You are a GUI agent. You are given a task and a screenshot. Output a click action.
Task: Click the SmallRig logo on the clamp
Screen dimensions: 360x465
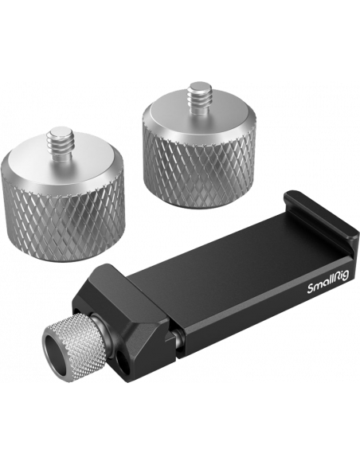coord(329,281)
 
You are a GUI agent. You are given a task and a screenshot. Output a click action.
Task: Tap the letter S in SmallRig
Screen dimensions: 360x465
coord(310,289)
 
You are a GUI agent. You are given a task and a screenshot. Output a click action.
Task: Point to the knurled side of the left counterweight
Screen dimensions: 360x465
coord(63,221)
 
